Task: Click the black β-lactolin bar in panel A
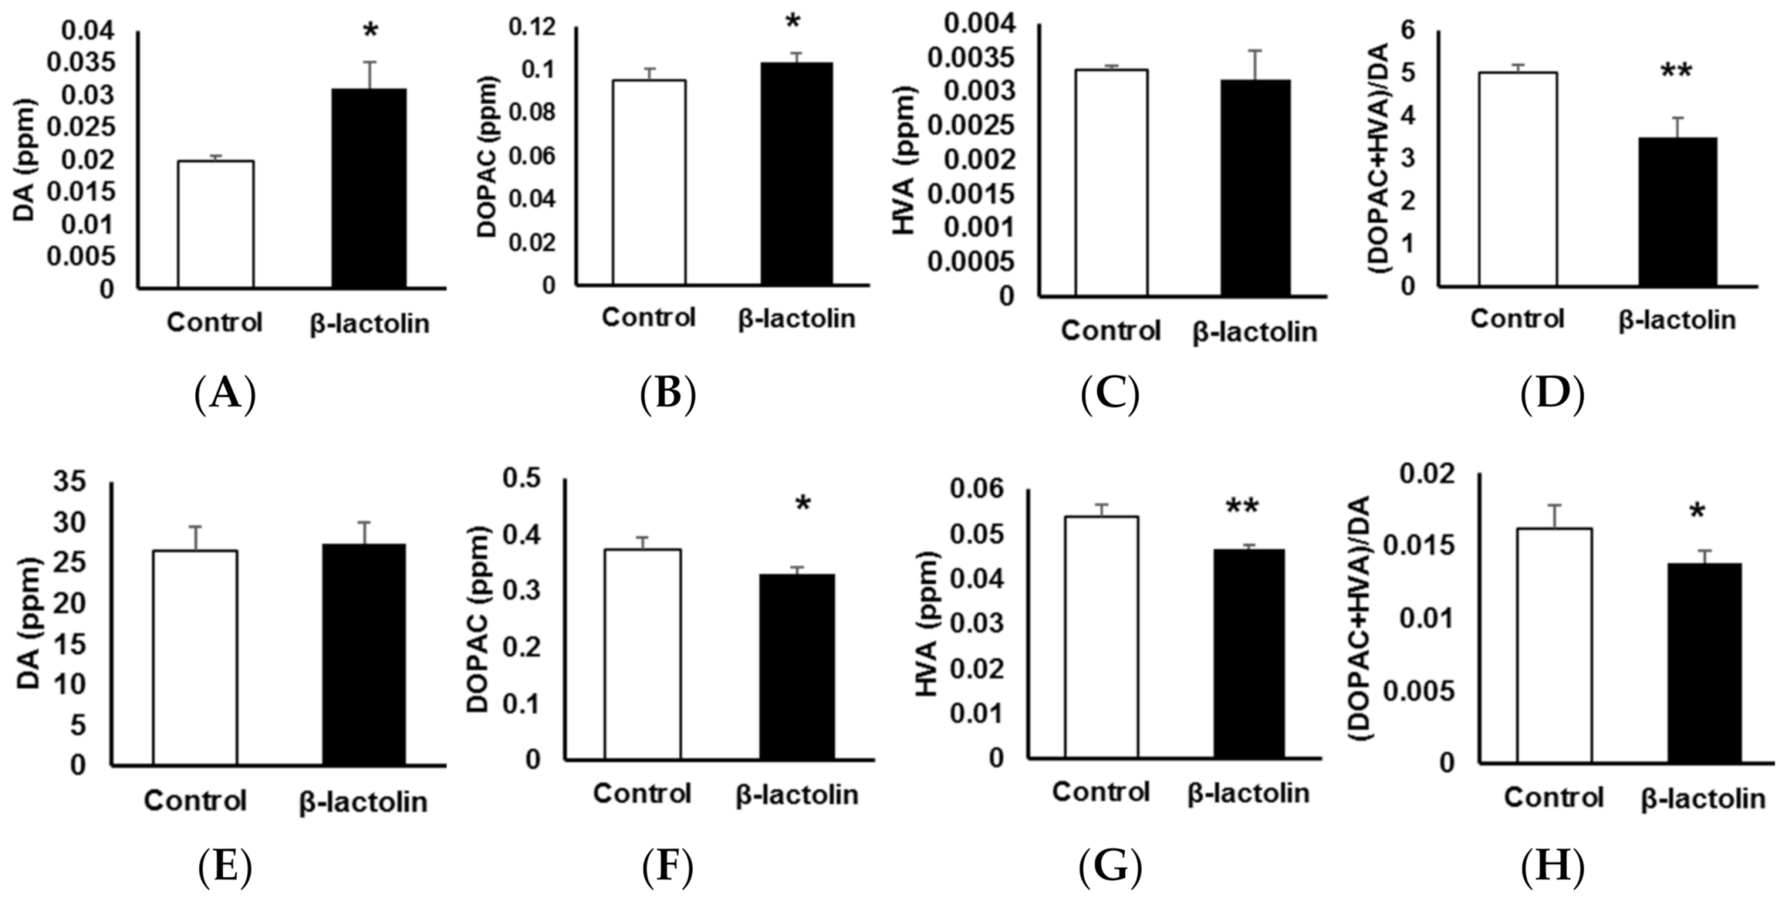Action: pyautogui.click(x=369, y=188)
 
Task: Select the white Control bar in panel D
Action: pyautogui.click(x=1517, y=179)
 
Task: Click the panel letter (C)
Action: pyautogui.click(x=1110, y=394)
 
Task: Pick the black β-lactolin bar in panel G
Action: pyautogui.click(x=1249, y=653)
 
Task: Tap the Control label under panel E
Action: pyautogui.click(x=194, y=800)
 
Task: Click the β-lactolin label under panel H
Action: pyautogui.click(x=1703, y=798)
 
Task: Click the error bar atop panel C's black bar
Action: pyautogui.click(x=1256, y=64)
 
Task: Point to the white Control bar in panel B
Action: pyautogui.click(x=649, y=182)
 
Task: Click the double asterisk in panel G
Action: pyautogui.click(x=1242, y=508)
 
